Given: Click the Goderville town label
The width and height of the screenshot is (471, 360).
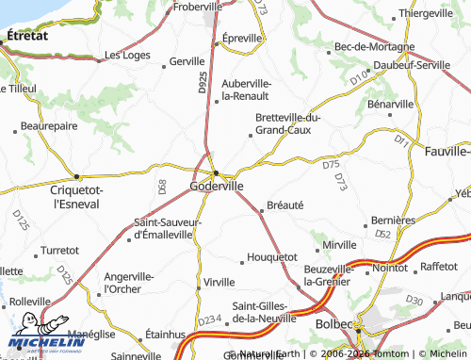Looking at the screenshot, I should point(217,187).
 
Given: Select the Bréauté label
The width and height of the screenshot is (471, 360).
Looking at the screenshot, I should point(285,205).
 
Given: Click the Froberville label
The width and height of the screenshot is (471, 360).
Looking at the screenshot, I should point(209,6).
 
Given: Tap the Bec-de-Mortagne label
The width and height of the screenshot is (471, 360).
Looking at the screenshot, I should point(374,46).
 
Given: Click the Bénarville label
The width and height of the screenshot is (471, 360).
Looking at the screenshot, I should point(391,103).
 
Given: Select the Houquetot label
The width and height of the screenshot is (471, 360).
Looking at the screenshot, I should point(272,256).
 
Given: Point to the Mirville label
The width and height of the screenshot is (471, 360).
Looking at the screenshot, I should point(340,245).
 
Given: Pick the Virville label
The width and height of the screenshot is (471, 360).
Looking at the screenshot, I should point(219,283).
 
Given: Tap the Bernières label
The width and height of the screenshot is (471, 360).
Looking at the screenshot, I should point(395,220).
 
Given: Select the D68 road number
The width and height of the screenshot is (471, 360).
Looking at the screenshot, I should point(162,188).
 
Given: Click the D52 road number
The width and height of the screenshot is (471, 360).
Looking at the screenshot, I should point(382,234).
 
